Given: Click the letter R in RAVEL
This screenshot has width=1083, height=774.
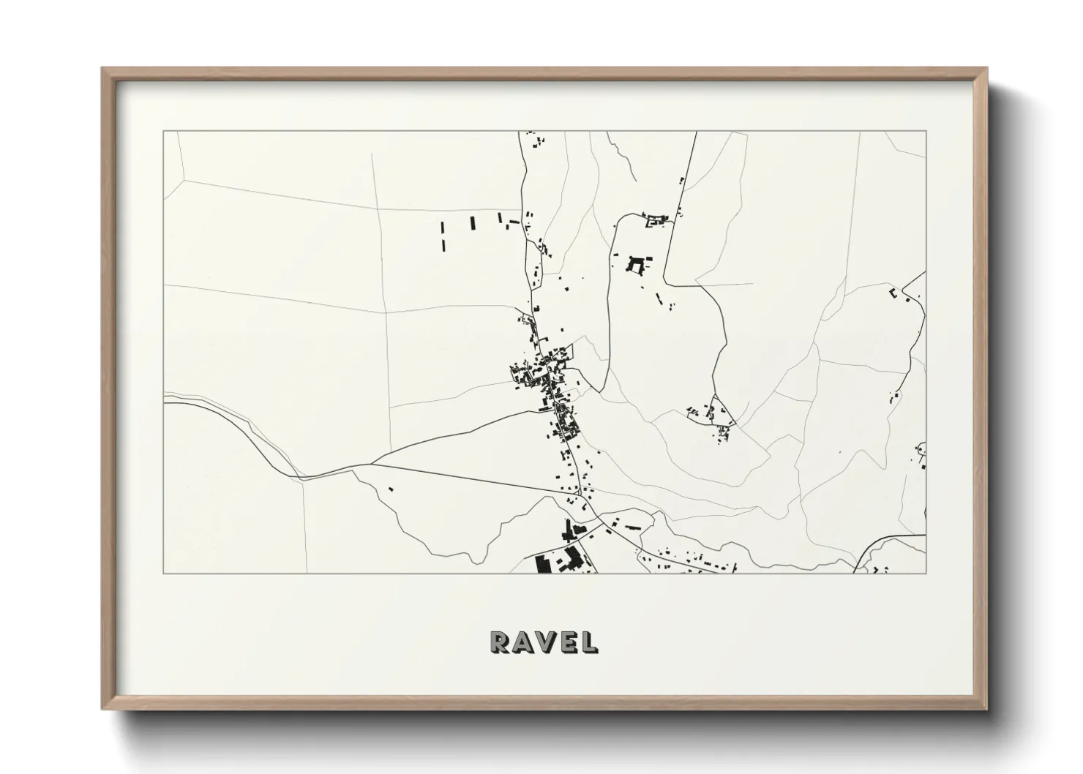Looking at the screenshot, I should tap(501, 642).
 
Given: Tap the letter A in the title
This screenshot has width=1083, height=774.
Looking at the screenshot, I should tap(522, 642).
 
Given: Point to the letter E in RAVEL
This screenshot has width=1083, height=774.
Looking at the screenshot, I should tap(566, 642).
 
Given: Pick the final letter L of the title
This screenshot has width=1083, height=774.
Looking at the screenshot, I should tap(587, 642).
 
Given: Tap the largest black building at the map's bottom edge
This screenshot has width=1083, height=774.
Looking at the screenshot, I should tap(543, 564).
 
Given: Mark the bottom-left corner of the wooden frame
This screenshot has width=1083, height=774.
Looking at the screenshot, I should tap(103, 709).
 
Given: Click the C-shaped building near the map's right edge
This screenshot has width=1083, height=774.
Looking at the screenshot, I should tap(893, 293).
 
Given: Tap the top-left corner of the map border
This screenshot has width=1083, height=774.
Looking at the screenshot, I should tap(163, 132).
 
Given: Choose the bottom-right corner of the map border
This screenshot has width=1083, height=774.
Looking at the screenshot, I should tap(926, 573).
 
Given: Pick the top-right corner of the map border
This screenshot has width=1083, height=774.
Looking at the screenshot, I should tap(926, 132).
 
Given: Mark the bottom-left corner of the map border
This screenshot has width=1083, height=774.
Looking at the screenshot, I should tap(163, 573).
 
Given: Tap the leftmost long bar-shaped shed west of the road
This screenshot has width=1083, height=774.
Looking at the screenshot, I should tap(443, 236).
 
